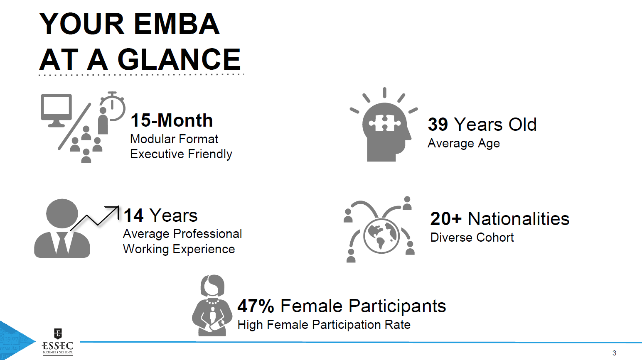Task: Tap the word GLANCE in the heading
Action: click(179, 59)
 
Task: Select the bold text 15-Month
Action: click(172, 120)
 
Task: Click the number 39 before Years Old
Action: click(438, 124)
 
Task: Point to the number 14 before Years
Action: click(133, 215)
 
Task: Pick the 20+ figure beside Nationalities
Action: click(446, 219)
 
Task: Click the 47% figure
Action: click(256, 306)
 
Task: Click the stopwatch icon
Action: click(113, 106)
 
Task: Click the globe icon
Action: click(381, 236)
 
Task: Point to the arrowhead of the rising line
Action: click(118, 207)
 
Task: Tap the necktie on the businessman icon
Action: click(62, 243)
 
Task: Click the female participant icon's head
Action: click(212, 286)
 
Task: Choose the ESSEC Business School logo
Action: click(58, 342)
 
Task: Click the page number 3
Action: click(614, 353)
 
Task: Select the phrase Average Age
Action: click(464, 143)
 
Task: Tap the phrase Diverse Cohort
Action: click(472, 238)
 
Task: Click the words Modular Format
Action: click(174, 139)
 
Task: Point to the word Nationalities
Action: click(519, 219)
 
